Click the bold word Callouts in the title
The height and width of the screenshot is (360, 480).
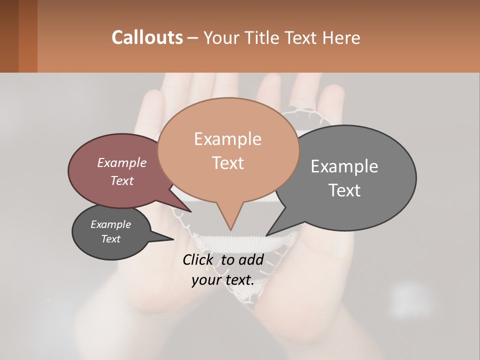tap(147, 37)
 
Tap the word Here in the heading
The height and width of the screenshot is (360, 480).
tap(341, 37)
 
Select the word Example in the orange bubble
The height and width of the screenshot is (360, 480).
tap(227, 139)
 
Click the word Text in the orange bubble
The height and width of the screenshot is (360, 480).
tap(227, 163)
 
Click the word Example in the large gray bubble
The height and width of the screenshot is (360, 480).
tap(344, 166)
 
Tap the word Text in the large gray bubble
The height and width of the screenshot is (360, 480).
tap(344, 190)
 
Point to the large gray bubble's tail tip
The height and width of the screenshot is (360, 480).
tap(267, 235)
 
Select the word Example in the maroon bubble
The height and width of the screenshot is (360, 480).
tap(121, 162)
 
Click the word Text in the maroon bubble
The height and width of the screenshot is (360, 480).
tap(121, 180)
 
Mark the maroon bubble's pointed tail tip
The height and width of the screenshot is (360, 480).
tap(190, 211)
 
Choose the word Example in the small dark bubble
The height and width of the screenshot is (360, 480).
tap(110, 224)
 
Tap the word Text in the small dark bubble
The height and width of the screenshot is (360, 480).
tap(110, 239)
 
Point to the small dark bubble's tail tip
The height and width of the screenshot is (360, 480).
tap(173, 239)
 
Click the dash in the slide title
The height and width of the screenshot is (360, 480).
tap(193, 38)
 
